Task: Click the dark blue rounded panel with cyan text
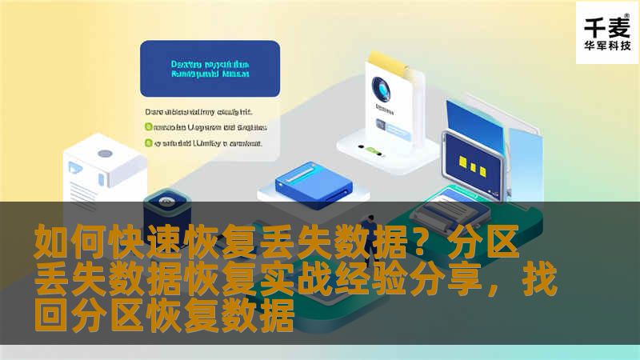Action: (x=210, y=69)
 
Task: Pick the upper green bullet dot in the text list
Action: (x=148, y=126)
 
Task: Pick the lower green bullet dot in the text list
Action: (x=148, y=143)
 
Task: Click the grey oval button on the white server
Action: (x=104, y=152)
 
